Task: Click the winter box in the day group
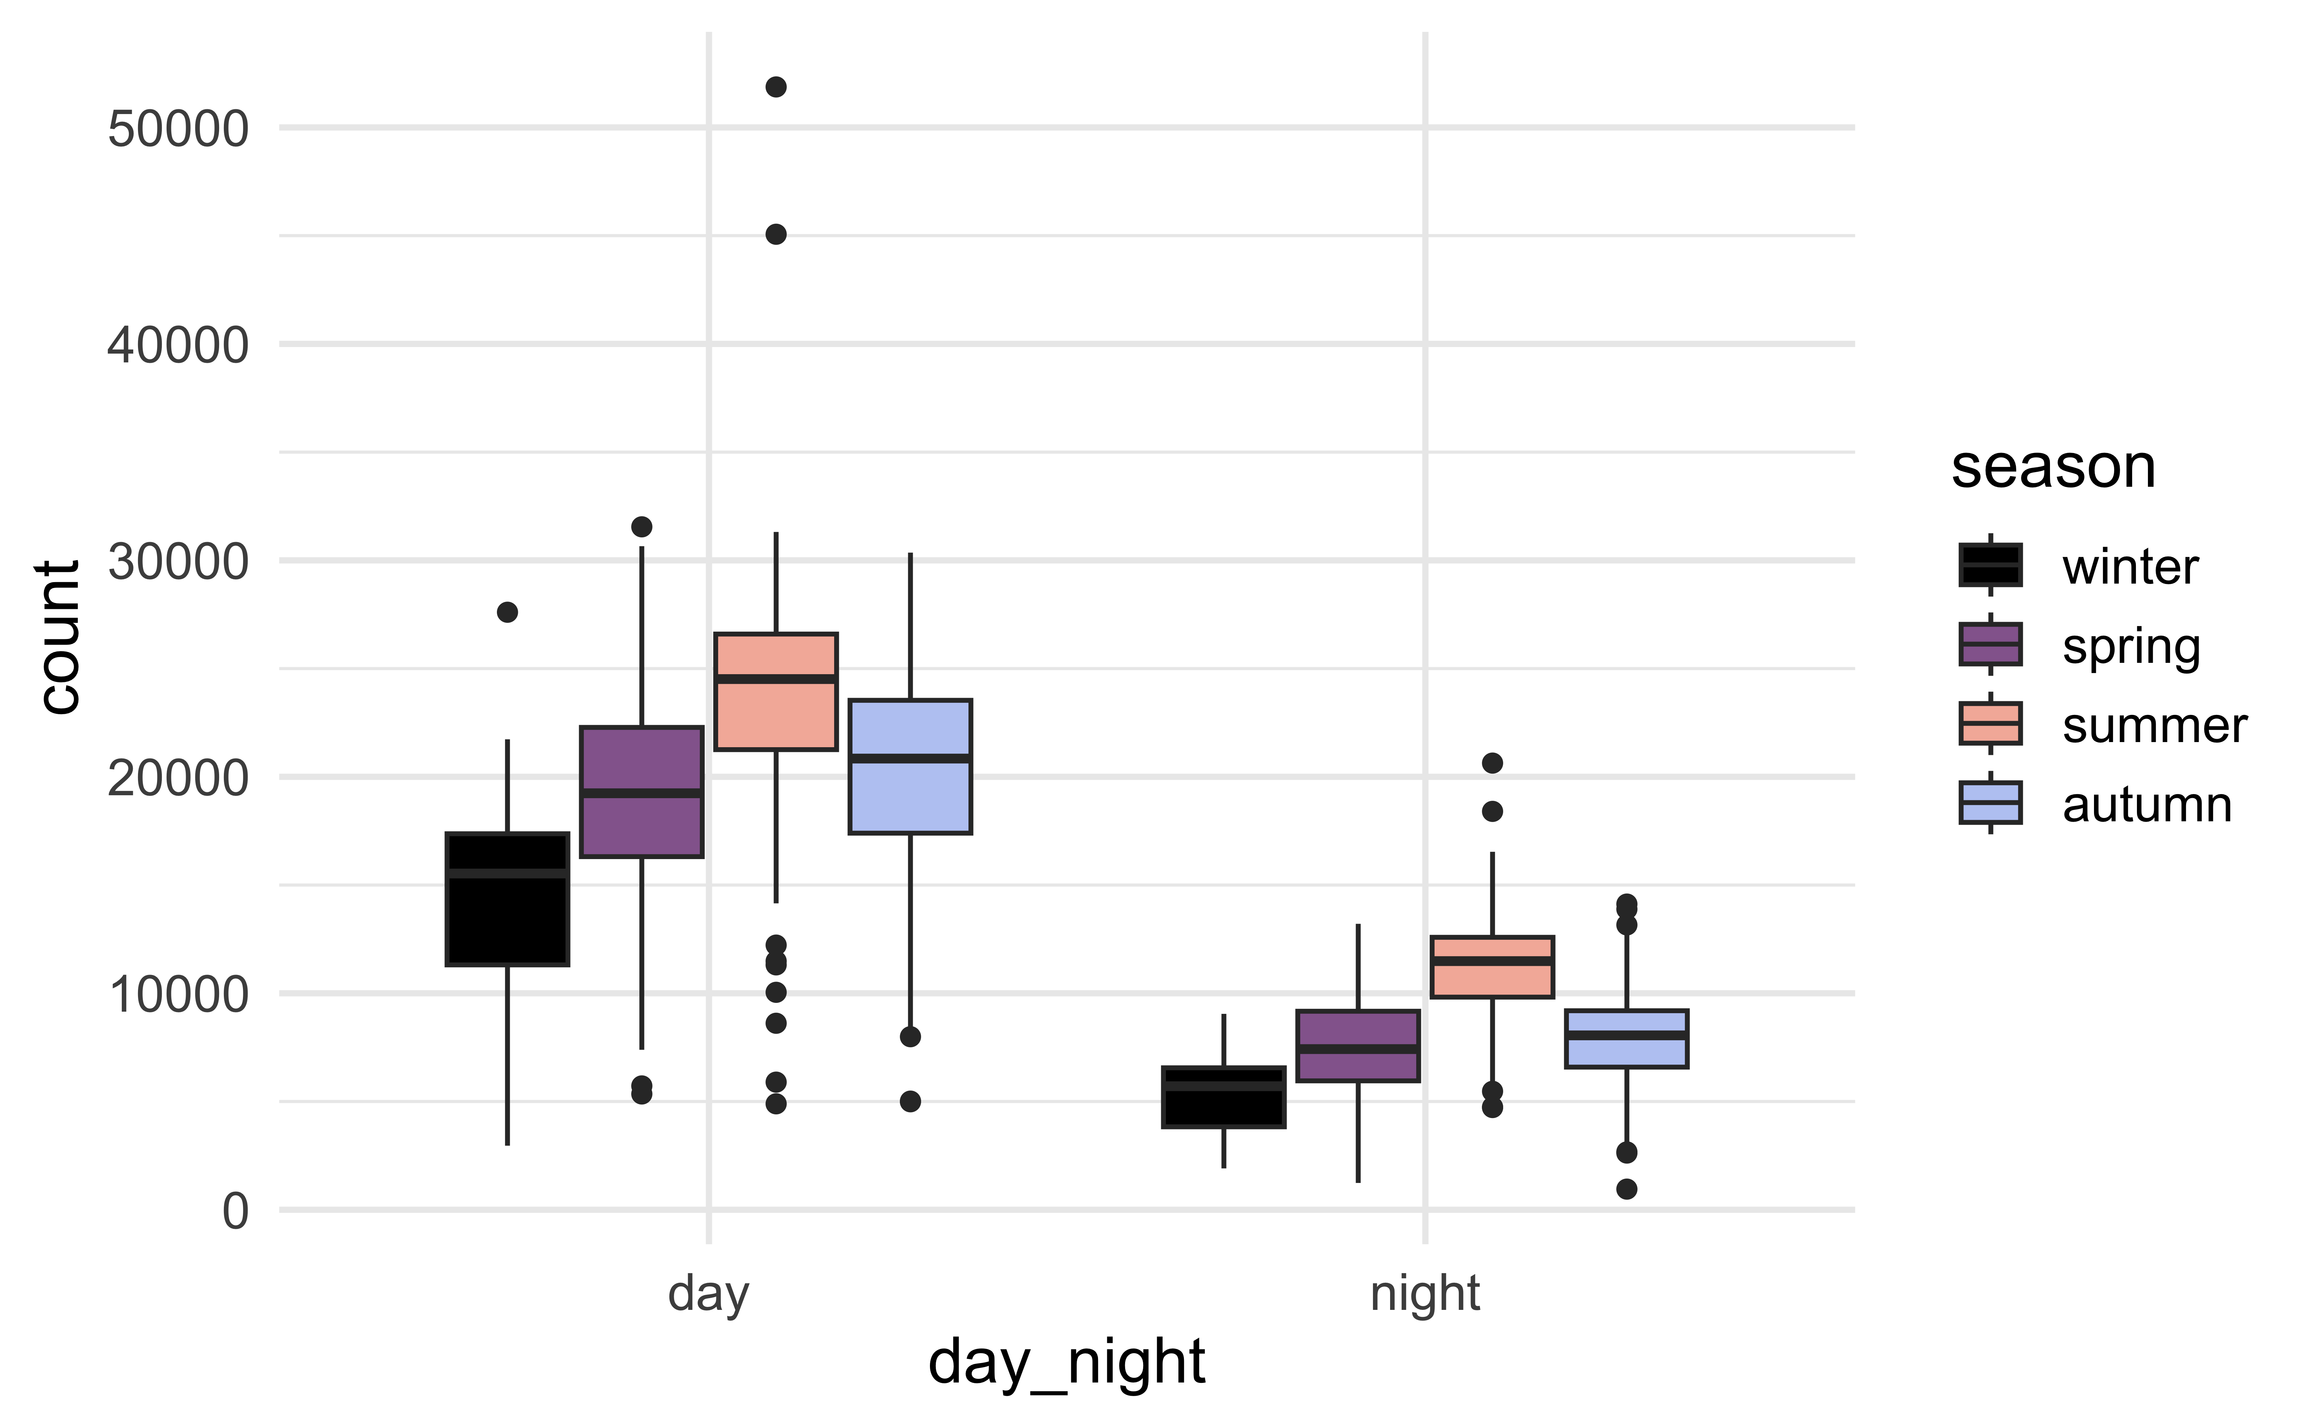pyautogui.click(x=508, y=899)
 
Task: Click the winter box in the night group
pyautogui.click(x=1224, y=1096)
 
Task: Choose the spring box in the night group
pyautogui.click(x=1358, y=1045)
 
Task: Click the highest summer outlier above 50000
pyautogui.click(x=776, y=87)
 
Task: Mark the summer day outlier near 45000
pyautogui.click(x=776, y=234)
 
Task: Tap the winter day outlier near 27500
pyautogui.click(x=508, y=612)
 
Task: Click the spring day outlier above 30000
pyautogui.click(x=641, y=526)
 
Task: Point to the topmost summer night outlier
pyautogui.click(x=1492, y=762)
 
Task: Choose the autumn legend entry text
pyautogui.click(x=2146, y=806)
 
